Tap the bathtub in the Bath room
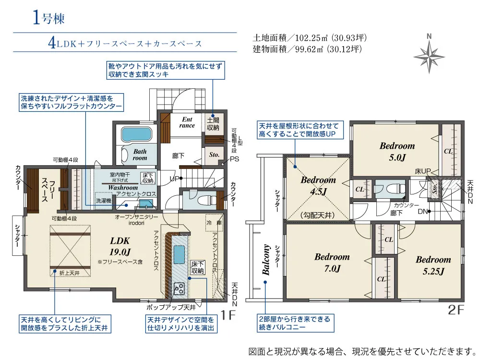[136, 132]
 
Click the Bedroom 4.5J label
[318, 185]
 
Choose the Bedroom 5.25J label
[433, 265]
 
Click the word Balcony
[266, 260]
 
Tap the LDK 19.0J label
[120, 245]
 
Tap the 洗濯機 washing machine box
[103, 200]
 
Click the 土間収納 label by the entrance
[213, 124]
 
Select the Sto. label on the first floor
[214, 155]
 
